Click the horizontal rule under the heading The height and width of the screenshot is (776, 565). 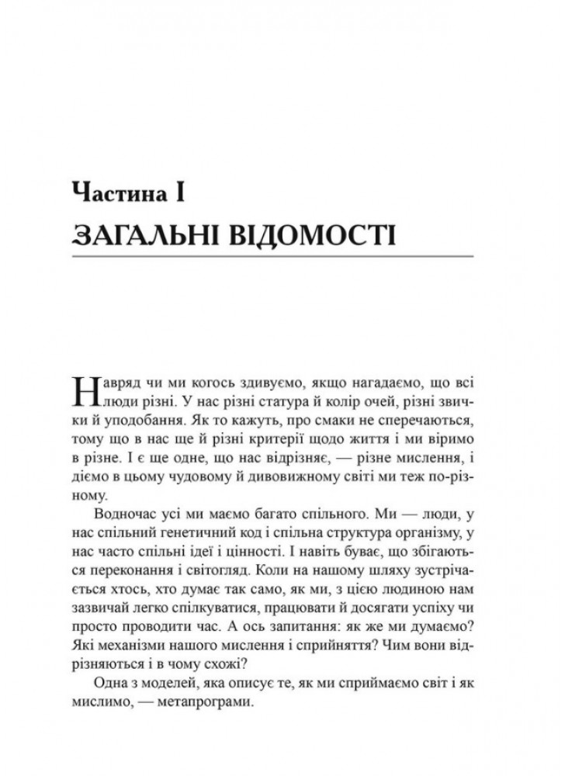click(271, 255)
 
